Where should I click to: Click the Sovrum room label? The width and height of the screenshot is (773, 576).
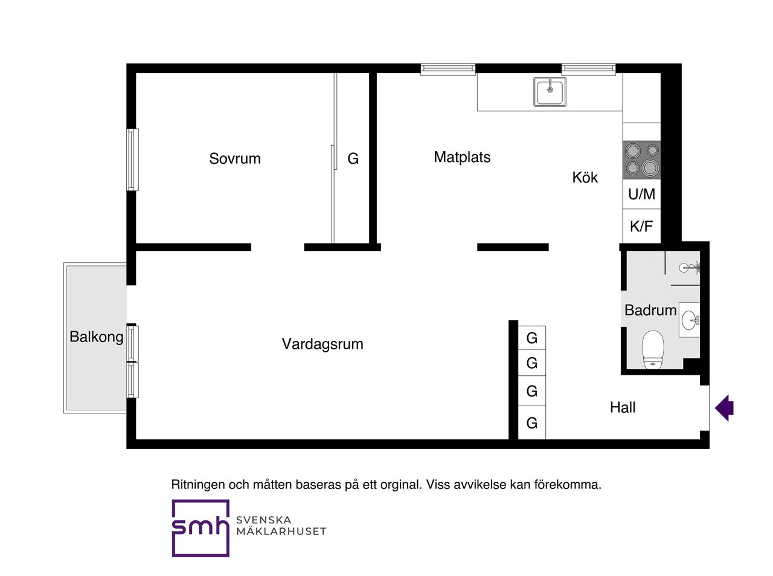click(x=234, y=159)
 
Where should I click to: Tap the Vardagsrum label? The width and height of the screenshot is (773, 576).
click(x=322, y=344)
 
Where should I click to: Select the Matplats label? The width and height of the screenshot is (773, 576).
click(x=462, y=157)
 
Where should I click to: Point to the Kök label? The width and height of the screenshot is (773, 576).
click(x=585, y=177)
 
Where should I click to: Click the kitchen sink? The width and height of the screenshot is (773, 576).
click(x=550, y=92)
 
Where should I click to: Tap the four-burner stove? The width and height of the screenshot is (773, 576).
click(x=641, y=160)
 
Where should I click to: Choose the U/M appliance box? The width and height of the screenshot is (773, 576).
click(x=641, y=194)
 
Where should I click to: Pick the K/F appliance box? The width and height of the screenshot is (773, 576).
click(x=641, y=226)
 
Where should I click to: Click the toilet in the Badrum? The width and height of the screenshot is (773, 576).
click(x=653, y=349)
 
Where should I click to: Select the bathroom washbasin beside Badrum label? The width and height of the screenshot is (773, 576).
click(x=690, y=320)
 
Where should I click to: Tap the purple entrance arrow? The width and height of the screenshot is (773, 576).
click(x=725, y=408)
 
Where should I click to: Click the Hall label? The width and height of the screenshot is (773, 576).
click(x=623, y=407)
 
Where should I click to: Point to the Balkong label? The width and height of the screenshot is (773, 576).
click(x=97, y=337)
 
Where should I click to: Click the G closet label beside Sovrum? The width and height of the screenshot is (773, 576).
click(x=353, y=159)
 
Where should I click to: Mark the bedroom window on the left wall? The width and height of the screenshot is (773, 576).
click(x=132, y=160)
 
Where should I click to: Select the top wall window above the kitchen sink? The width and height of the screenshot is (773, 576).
click(x=588, y=69)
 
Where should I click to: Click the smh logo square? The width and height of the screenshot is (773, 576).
click(x=200, y=528)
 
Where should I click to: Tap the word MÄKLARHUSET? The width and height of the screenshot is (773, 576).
click(x=281, y=531)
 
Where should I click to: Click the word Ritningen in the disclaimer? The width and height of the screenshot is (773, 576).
click(x=198, y=485)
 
